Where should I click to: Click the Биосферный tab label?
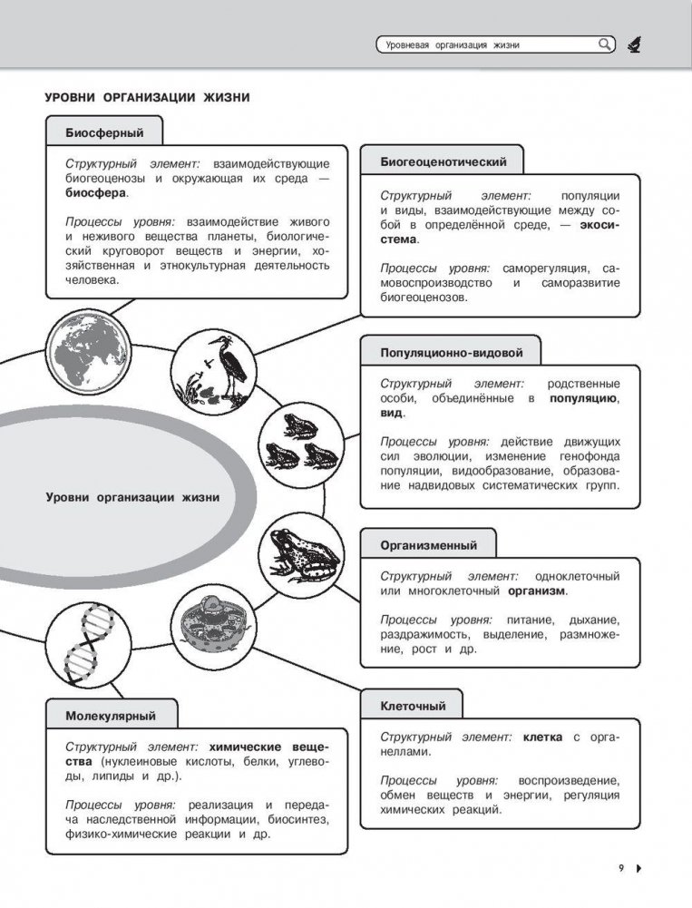[x=104, y=132]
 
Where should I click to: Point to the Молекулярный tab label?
[x=111, y=716]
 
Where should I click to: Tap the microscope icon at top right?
[x=634, y=44]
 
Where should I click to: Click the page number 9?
[x=621, y=868]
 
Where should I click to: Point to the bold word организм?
[x=535, y=591]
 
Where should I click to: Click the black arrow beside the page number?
[x=638, y=868]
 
